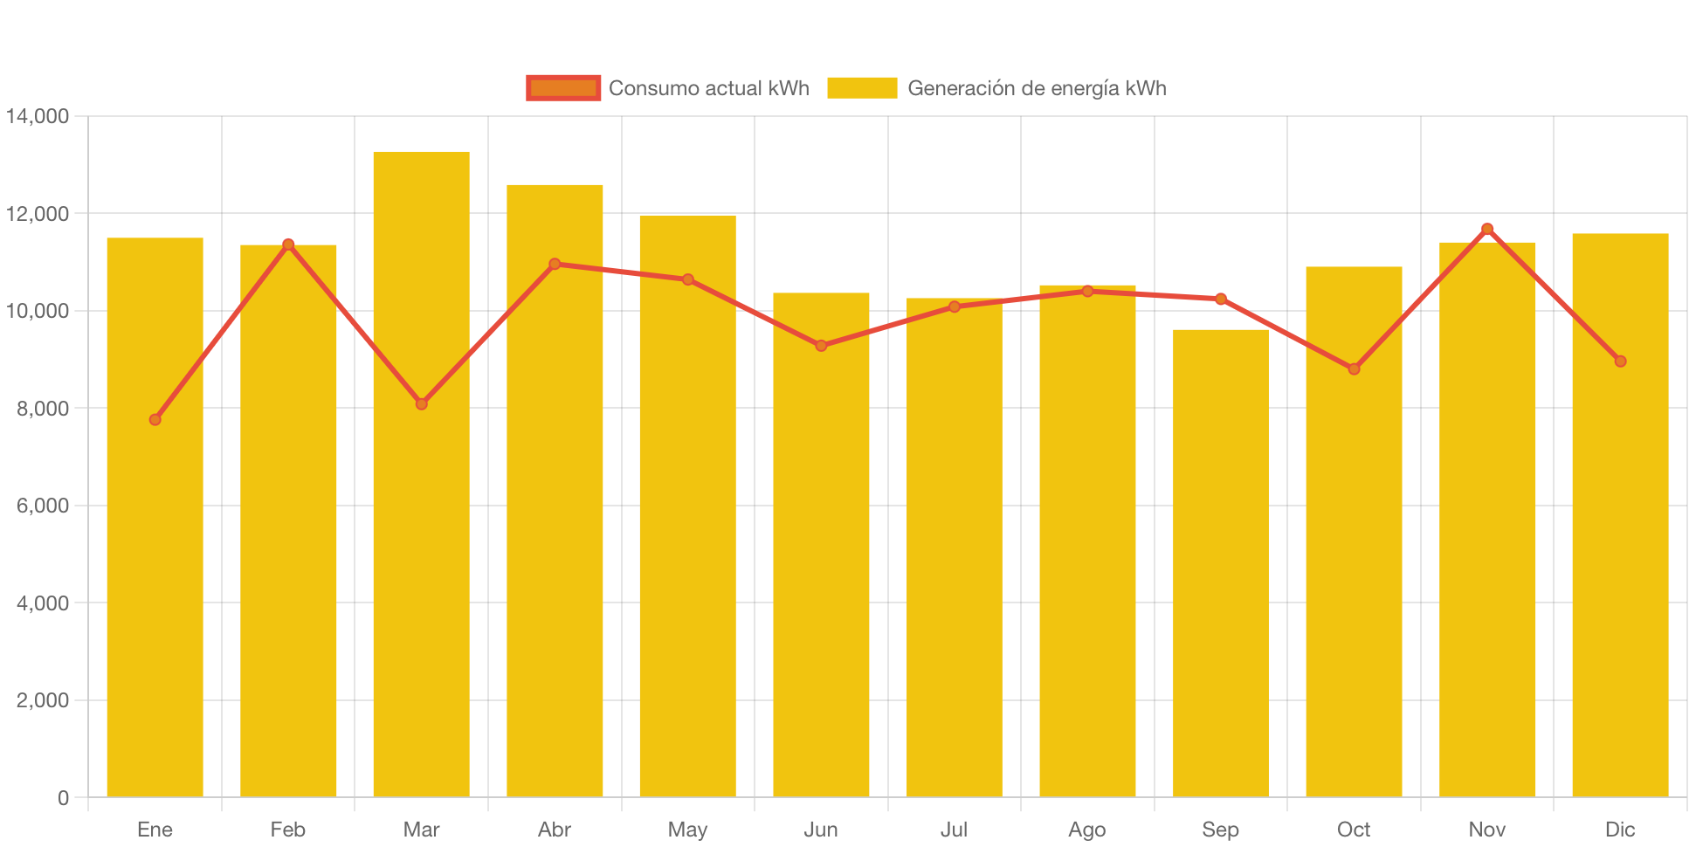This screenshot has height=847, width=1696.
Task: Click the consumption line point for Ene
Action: coord(155,420)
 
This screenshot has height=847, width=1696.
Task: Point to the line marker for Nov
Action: coord(1487,229)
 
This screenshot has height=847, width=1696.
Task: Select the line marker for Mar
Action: coord(422,404)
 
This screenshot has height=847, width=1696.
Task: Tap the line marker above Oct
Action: coord(1354,369)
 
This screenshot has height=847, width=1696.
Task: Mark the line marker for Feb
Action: coord(288,244)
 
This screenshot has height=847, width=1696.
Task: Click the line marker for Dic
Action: coord(1620,362)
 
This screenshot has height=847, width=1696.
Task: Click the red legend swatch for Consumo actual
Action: coord(563,88)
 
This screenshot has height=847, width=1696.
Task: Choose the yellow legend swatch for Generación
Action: coord(862,88)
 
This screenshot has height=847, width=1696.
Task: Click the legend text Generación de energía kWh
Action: coord(1037,88)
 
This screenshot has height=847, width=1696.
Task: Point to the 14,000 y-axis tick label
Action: coord(38,116)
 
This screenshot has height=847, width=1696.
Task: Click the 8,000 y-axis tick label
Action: coord(42,409)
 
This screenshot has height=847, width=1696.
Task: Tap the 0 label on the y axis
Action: coord(63,797)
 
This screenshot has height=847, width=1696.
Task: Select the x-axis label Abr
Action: coord(555,830)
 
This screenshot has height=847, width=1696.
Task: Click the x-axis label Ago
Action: coord(1087,830)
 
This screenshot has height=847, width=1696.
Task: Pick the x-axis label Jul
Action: coord(954,830)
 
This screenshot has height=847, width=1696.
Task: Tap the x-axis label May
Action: coord(687,830)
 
